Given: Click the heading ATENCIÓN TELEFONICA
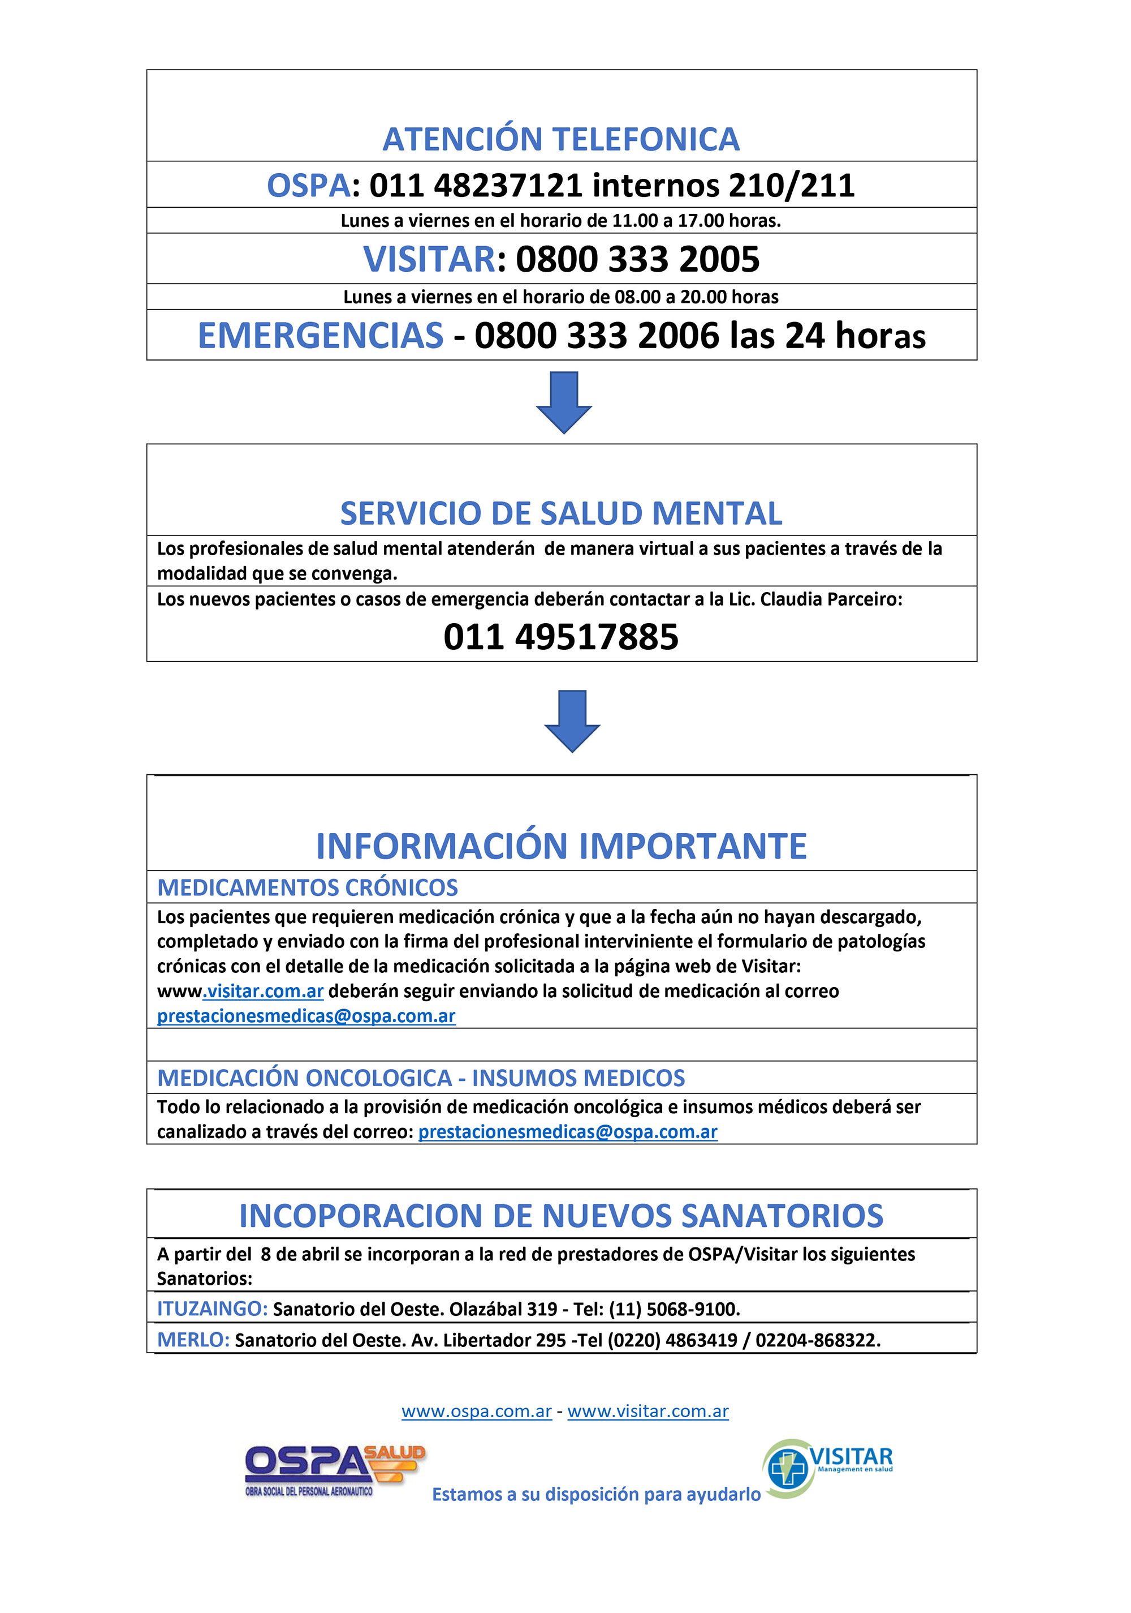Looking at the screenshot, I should point(560,139).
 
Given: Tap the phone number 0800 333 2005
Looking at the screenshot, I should point(637,259).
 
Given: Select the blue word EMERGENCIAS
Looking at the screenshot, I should point(320,335).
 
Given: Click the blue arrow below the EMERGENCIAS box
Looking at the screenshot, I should point(564,402).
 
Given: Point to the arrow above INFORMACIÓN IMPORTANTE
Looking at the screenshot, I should point(572,721).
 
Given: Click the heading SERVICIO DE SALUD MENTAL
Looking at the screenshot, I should point(560,513).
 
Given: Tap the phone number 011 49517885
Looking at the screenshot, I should point(560,637).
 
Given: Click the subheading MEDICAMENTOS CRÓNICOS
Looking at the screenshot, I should point(307,887).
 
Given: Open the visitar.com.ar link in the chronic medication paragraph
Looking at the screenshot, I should point(264,991).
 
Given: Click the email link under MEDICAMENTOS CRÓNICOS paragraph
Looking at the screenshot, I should point(306,1016).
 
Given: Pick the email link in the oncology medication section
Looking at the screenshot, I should point(567,1132).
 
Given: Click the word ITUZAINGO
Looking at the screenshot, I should point(212,1309).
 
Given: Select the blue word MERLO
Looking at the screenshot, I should point(193,1340).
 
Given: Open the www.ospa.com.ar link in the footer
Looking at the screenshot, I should point(476,1412).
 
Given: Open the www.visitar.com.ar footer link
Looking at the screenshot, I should point(647,1412).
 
